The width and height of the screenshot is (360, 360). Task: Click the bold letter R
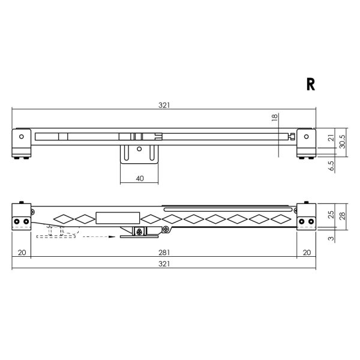pyautogui.click(x=311, y=85)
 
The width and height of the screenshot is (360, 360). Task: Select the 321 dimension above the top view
pyautogui.click(x=164, y=105)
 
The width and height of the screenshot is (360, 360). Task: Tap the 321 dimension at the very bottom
pyautogui.click(x=164, y=264)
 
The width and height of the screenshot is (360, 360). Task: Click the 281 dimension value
pyautogui.click(x=164, y=253)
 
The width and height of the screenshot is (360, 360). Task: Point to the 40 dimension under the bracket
pyautogui.click(x=140, y=178)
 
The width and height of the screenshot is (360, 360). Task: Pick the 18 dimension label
pyautogui.click(x=274, y=118)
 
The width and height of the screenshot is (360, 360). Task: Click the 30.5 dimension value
pyautogui.click(x=342, y=142)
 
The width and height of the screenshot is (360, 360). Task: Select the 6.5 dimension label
pyautogui.click(x=331, y=166)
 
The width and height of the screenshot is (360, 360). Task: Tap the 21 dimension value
pyautogui.click(x=331, y=138)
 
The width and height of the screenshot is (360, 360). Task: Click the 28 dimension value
pyautogui.click(x=342, y=216)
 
